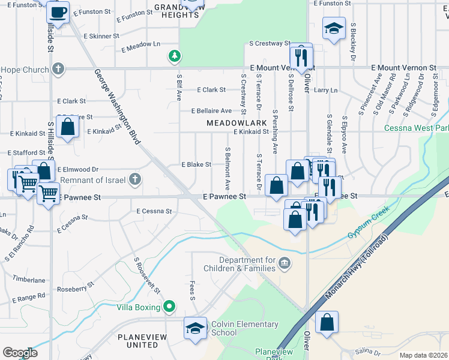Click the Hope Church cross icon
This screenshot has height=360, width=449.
[58, 69]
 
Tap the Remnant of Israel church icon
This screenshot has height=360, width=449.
[136, 179]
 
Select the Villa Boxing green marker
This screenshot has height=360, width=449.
[169, 307]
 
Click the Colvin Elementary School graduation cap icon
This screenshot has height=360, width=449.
[195, 328]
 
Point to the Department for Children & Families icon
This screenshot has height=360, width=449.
[285, 262]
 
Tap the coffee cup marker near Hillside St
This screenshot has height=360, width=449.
[58, 12]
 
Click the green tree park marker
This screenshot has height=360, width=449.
[174, 56]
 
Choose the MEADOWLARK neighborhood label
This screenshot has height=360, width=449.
[236, 122]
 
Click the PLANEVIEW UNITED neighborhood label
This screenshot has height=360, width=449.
[146, 341]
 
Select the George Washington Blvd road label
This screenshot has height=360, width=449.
[117, 107]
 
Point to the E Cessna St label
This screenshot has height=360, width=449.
[154, 211]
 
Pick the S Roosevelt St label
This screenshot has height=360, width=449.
[148, 275]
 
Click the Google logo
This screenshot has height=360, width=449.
[20, 353]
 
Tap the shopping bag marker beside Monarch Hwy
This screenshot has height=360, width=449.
[327, 322]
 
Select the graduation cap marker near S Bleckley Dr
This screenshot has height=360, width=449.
[333, 28]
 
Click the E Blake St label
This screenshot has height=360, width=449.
[196, 164]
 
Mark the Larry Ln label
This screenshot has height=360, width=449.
[325, 90]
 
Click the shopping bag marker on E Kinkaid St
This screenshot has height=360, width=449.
[68, 126]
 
